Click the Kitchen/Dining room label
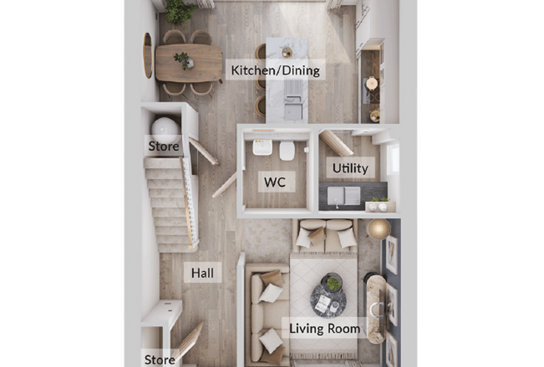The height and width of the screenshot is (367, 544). point(276,70)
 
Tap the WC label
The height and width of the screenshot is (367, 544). point(275,182)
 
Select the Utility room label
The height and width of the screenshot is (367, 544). point(350,168)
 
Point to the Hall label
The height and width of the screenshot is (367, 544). point(203,273)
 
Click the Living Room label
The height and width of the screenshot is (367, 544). point(325,328)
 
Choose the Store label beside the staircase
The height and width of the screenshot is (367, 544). point(164,146)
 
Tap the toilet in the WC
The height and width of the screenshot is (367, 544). point(287,151)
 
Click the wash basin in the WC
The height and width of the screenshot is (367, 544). point(262,148)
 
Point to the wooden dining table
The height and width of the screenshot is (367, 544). point(189,63)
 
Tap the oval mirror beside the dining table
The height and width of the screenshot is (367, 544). point(147,55)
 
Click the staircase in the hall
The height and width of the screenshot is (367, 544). point(172,205)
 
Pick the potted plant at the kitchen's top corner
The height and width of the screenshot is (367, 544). point(180,11)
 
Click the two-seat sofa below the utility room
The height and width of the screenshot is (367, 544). point(326,236)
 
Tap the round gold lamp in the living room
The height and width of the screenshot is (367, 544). point(379,229)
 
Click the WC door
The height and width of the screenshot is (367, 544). point(225,184)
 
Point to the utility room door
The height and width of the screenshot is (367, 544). point(336,143)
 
